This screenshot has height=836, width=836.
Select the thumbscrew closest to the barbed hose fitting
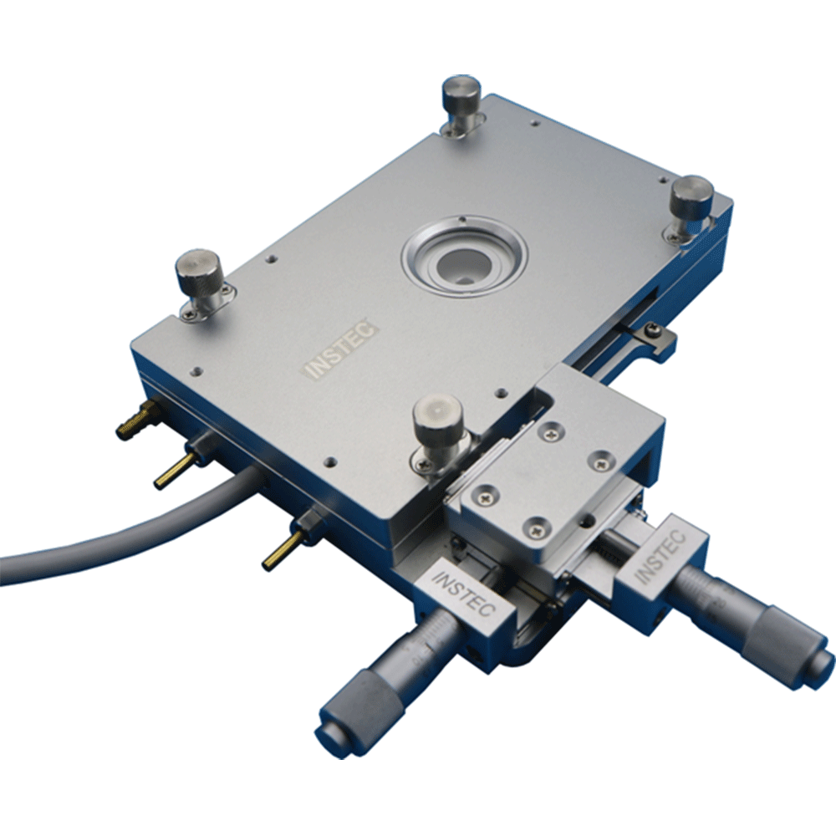(197, 271)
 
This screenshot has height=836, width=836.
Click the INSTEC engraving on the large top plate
(341, 352)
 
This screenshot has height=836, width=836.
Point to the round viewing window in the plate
(463, 254)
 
